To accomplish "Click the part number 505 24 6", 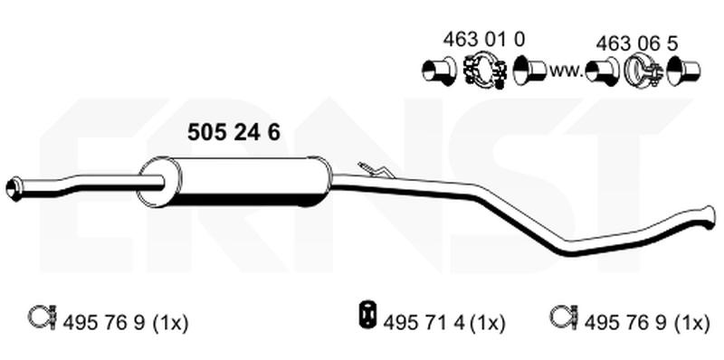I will point(233,133).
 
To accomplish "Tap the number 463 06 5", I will point(638,43).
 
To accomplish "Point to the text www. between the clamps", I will point(565,69).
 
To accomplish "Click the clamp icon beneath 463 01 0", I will point(485,69).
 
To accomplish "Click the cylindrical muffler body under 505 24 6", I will point(244,181).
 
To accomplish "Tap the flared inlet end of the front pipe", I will point(13,188).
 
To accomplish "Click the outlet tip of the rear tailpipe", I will point(707,215).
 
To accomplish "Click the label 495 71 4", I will point(425,321).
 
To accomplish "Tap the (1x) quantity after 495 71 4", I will point(488,321).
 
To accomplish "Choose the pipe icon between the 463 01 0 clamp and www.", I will point(528,69).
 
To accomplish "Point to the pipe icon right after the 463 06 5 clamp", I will point(683,70).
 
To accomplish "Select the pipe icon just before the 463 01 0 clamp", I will point(440,69).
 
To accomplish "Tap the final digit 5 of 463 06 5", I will point(674,43).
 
